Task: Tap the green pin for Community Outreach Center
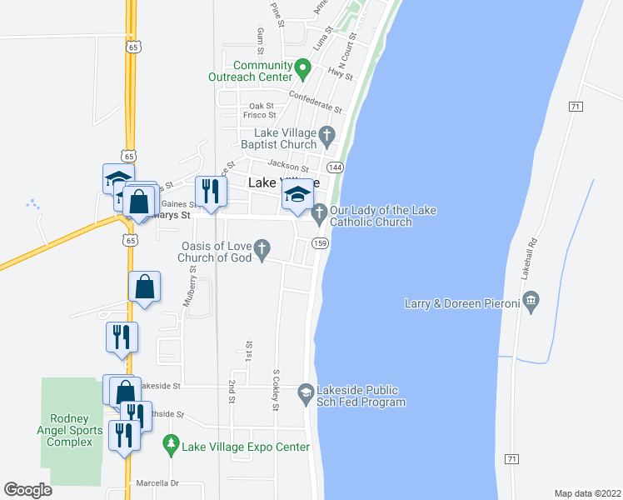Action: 303,67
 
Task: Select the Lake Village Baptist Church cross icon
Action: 327,135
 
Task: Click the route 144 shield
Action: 335,167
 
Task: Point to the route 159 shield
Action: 319,242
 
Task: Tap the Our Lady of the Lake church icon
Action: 319,216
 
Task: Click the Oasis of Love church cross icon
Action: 262,247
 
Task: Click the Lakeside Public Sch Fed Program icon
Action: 306,392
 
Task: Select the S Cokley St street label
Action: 275,390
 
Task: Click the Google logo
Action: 28,489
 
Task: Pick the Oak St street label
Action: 262,106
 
